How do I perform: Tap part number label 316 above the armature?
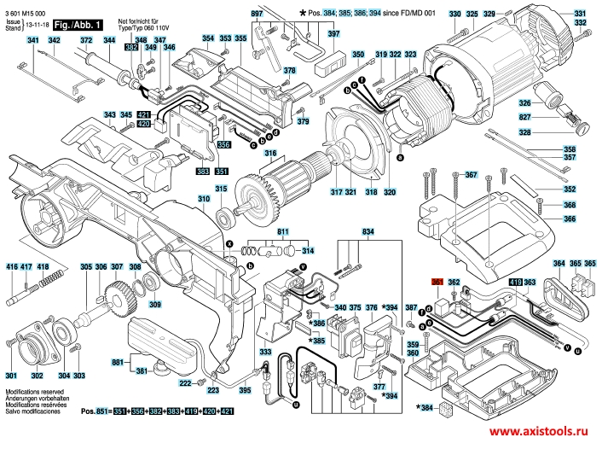pos(270,155)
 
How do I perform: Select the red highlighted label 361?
pos(438,282)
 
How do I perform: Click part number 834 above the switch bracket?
pos(368,232)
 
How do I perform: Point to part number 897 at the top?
pos(257,15)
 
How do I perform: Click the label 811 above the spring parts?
pos(283,232)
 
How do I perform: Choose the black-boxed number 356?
pos(223,145)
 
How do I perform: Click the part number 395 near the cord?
pos(245,390)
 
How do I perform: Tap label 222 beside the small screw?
pos(184,383)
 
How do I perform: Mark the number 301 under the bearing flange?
pos(10,376)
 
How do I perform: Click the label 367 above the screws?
pos(470,175)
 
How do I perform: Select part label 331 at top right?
pos(580,15)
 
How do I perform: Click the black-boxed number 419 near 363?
pos(516,282)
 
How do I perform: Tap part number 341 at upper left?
pos(32,41)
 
